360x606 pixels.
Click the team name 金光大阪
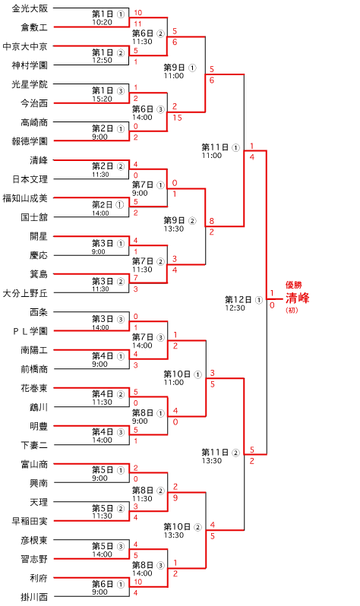click(30, 8)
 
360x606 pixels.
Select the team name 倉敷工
click(34, 27)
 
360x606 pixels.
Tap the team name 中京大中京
click(25, 46)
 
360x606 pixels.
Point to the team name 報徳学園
click(30, 141)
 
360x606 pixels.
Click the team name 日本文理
click(30, 179)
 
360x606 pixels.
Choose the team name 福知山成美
click(25, 198)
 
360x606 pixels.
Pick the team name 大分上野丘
click(25, 293)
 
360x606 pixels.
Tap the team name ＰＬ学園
click(30, 331)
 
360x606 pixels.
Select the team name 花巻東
click(34, 387)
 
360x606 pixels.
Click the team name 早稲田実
click(30, 521)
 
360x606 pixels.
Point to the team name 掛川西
click(34, 597)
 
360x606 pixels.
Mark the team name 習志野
click(34, 559)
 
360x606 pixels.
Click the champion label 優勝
click(293, 286)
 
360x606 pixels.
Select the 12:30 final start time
click(235, 308)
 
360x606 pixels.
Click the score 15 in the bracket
click(178, 118)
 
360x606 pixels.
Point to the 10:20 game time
click(102, 23)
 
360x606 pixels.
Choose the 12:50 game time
click(102, 60)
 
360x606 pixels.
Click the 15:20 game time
click(102, 99)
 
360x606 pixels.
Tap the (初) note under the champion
click(292, 310)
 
